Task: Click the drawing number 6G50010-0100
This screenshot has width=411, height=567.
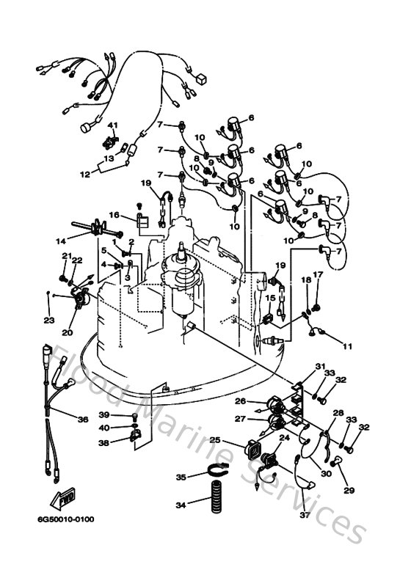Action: coord(63,520)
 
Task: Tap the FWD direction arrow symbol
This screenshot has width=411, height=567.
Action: coord(63,500)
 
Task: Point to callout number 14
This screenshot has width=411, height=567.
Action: coord(61,240)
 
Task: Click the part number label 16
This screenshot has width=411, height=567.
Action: coord(114,214)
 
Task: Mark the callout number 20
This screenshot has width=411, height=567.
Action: coord(68,332)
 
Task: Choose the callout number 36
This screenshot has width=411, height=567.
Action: coord(82,420)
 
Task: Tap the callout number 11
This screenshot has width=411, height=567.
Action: coord(347,345)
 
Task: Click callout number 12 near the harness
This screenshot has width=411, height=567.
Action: coord(84,175)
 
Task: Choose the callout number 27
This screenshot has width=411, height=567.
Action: coord(241,418)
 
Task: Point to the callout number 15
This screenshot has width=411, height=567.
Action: coord(269,299)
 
